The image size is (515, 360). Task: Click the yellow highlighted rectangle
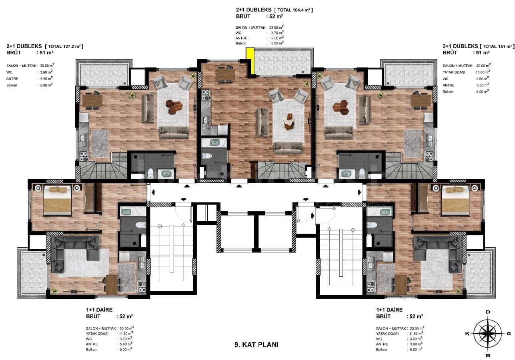[x=250, y=61]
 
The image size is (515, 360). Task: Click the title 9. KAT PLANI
[x=256, y=344]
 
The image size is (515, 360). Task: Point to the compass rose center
[x=488, y=334]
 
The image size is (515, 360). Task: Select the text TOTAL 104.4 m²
[x=294, y=10]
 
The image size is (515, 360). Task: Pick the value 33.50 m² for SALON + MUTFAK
[x=277, y=27]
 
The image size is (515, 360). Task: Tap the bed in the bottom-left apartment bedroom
[x=58, y=200]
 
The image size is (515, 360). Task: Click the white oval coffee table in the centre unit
[x=289, y=121]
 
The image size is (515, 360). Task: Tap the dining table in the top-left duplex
[x=92, y=100]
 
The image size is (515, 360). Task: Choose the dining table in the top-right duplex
[x=421, y=100]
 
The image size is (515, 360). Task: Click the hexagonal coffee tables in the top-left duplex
[x=174, y=107]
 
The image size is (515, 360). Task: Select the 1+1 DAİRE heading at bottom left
[x=99, y=310]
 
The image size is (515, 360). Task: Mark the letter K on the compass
[x=467, y=334]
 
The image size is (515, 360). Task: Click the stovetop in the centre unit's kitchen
[x=206, y=95]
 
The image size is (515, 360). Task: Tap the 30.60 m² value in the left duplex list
[x=47, y=65]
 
